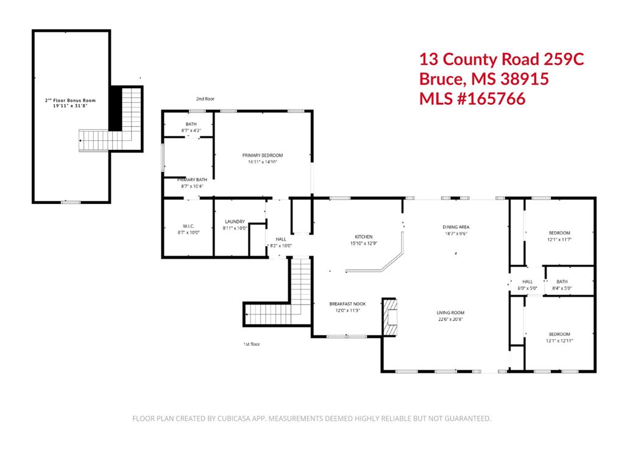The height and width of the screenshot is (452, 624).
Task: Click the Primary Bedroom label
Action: tap(263, 155)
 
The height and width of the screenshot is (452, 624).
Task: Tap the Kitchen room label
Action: tap(364, 237)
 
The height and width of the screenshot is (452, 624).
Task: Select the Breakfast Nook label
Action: tap(347, 304)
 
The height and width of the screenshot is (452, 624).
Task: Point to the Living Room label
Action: tap(450, 313)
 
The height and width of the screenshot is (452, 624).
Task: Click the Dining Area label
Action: tap(456, 227)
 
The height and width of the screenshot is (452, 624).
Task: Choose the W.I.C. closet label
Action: tap(188, 226)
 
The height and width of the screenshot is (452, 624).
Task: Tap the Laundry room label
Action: tap(235, 222)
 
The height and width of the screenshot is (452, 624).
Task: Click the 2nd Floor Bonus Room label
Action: tap(71, 101)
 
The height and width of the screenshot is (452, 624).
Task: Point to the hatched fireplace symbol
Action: tap(390, 317)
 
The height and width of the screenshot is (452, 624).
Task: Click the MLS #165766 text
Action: tap(472, 99)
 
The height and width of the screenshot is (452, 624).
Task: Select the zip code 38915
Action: tap(525, 79)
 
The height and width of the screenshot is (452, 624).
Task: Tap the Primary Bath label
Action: tap(192, 180)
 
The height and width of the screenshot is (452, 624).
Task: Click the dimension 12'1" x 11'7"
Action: tap(559, 239)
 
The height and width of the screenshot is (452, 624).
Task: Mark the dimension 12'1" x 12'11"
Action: tap(559, 341)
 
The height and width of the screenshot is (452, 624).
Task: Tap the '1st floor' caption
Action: tap(252, 344)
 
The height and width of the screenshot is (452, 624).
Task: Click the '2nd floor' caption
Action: tap(205, 99)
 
